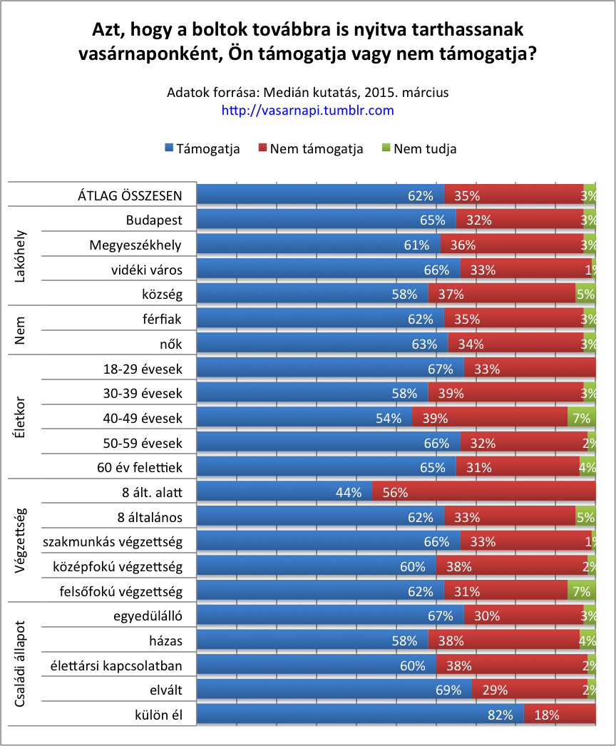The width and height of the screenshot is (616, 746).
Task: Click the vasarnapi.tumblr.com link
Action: [x=308, y=111]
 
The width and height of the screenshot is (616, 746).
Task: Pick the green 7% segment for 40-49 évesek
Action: [x=581, y=418]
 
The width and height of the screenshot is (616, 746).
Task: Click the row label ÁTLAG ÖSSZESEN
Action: [x=130, y=195]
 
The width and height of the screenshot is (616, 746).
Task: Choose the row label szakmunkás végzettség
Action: [x=113, y=542]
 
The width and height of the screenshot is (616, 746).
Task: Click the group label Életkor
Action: [x=21, y=406]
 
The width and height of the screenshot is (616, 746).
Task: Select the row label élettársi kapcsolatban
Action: [x=116, y=666]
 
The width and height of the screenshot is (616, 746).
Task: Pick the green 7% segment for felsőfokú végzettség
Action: [x=581, y=591]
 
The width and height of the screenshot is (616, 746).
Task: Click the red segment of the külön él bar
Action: [x=560, y=715]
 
